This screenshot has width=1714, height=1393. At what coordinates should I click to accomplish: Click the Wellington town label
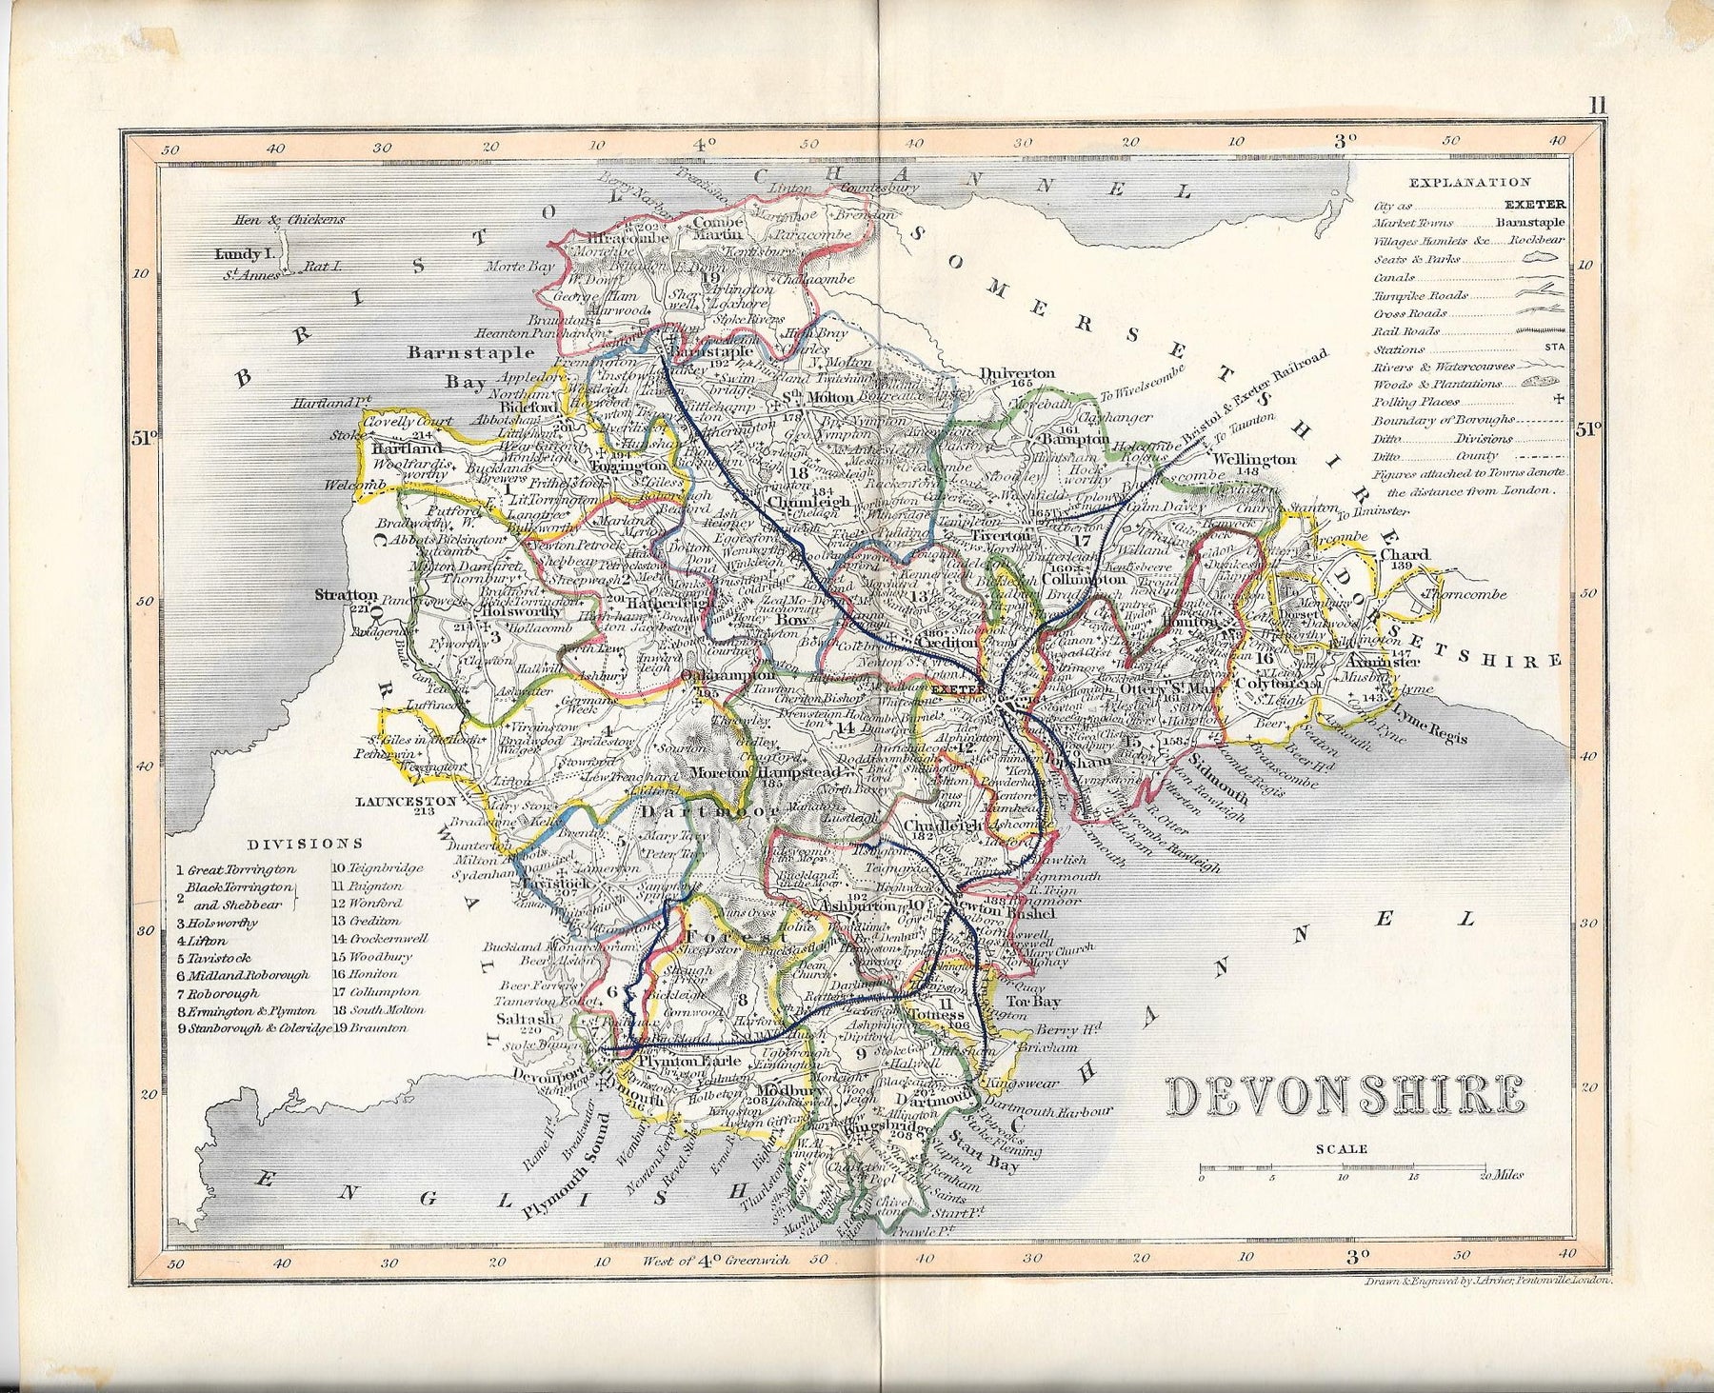tap(1255, 459)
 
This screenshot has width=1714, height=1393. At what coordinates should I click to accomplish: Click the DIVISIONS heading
tap(305, 843)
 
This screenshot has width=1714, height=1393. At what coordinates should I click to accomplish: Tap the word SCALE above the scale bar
tap(1341, 1149)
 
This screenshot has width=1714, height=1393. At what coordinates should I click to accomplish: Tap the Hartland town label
tap(409, 448)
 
